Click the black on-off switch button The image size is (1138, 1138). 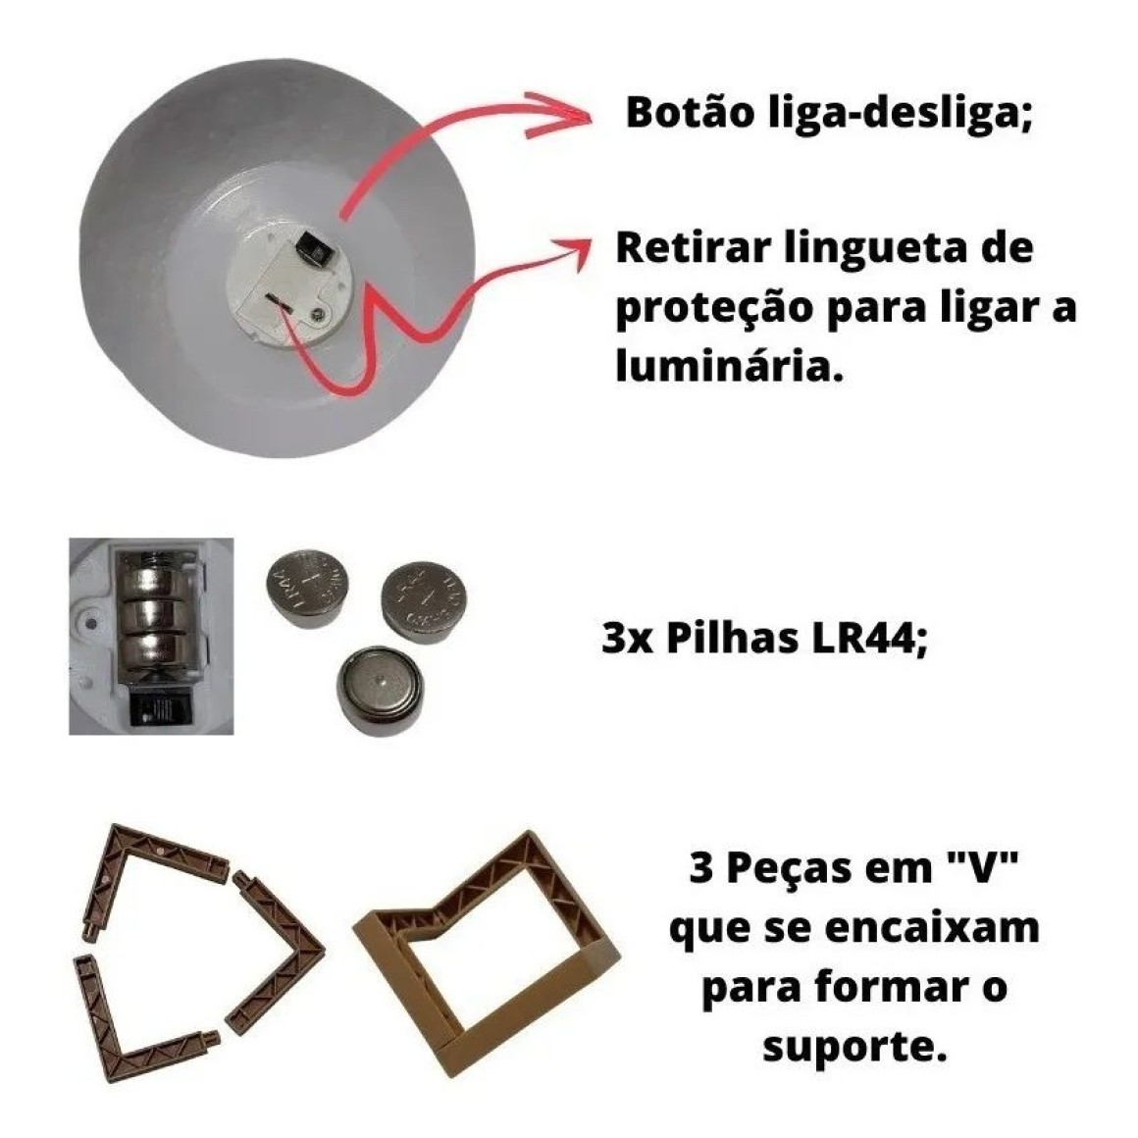pyautogui.click(x=314, y=250)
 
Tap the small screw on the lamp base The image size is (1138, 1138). pyautogui.click(x=318, y=314)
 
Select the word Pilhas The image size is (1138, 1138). pyautogui.click(x=734, y=639)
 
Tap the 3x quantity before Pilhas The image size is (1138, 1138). pyautogui.click(x=627, y=640)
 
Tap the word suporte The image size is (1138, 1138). pyautogui.click(x=854, y=1048)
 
